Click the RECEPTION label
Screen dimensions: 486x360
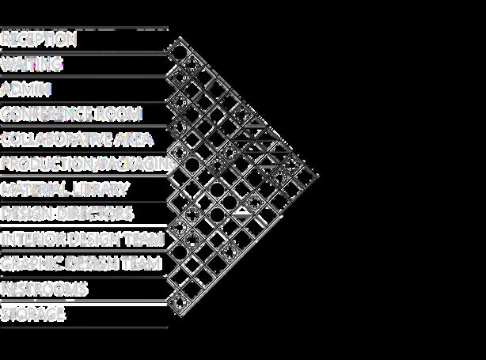[39, 39]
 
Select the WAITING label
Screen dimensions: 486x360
[32, 63]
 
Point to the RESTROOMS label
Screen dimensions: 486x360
[44, 289]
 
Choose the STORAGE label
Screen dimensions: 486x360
[32, 314]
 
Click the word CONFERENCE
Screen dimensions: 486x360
[47, 114]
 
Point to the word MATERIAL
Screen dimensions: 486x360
[35, 189]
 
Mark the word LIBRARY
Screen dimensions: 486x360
[99, 189]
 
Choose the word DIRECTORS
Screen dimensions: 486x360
[94, 214]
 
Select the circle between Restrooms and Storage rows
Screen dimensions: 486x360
[179, 301]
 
